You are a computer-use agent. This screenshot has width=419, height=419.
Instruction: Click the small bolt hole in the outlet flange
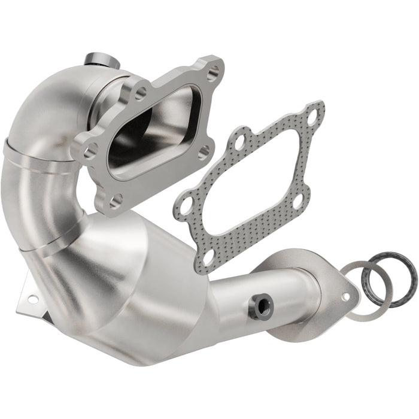tap(345, 296)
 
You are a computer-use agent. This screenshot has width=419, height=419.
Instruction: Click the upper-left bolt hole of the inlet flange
tap(141, 93)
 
